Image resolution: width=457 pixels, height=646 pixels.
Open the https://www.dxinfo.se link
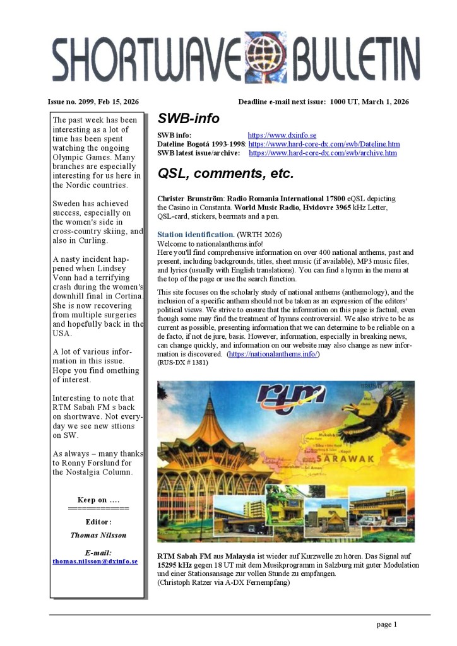tap(282, 135)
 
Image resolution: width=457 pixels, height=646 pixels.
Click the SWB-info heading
tap(188, 119)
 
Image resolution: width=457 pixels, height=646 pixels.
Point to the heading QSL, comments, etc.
tap(225, 173)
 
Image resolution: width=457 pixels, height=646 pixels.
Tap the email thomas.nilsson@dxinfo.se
tap(95, 561)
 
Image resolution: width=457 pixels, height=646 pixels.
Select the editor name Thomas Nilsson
tap(98, 536)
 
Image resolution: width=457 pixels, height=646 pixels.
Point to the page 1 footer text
tap(386, 625)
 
